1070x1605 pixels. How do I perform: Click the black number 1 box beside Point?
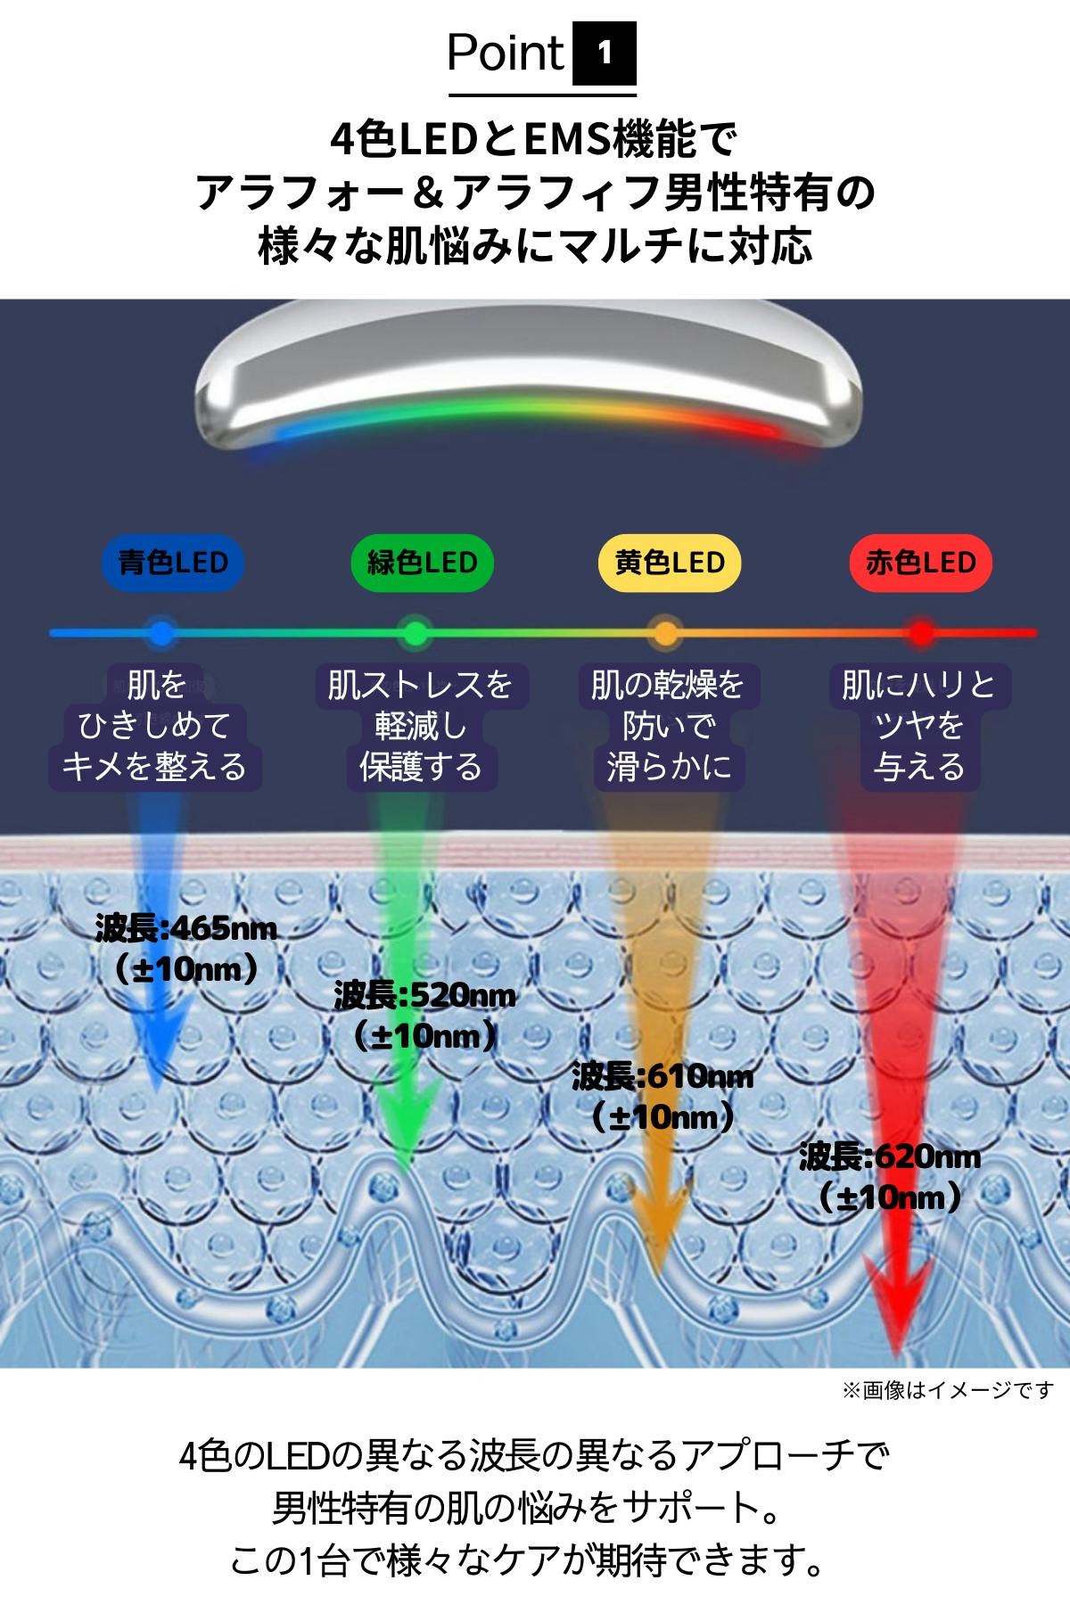[x=605, y=53]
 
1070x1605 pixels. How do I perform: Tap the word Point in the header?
[x=506, y=53]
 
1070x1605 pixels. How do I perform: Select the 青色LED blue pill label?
[x=173, y=563]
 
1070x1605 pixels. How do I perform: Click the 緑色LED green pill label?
[x=422, y=563]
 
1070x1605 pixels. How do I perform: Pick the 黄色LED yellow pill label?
[x=670, y=563]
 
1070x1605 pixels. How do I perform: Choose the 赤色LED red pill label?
[x=921, y=563]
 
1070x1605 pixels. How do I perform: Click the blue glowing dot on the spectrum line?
[x=161, y=633]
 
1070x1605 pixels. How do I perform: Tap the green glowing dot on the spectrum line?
[x=413, y=633]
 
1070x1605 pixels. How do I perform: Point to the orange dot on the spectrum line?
[x=664, y=633]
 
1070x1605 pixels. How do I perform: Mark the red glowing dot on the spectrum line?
[x=921, y=633]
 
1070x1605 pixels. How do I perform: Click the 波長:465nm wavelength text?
[x=185, y=929]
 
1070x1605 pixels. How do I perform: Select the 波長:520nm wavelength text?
[x=424, y=996]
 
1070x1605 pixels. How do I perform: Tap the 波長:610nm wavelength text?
[x=663, y=1077]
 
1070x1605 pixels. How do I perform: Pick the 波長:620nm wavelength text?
[x=890, y=1157]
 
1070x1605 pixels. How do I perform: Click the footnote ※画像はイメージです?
[x=948, y=1390]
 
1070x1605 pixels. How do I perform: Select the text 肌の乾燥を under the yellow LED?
[x=668, y=686]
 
